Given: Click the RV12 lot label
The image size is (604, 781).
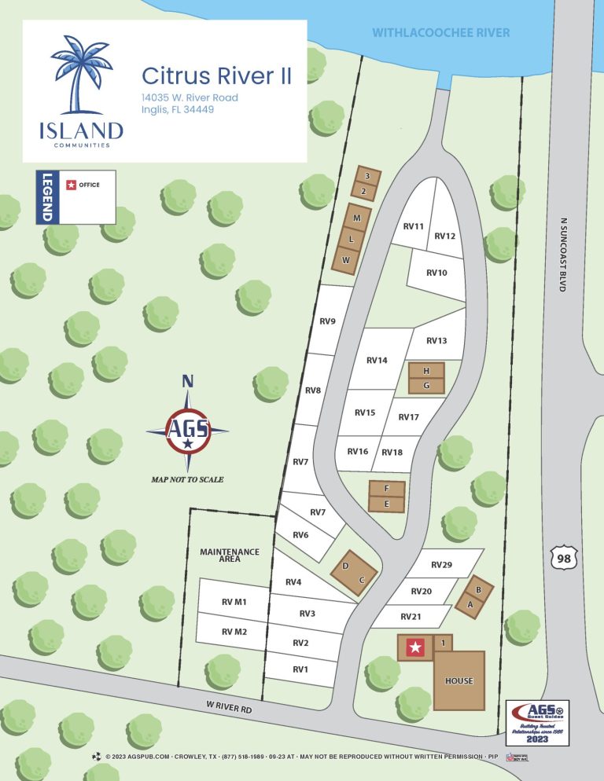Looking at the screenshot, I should click(445, 236).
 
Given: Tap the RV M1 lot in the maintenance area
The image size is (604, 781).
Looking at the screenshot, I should click(234, 603).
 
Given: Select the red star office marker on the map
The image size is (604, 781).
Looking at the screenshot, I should click(414, 647).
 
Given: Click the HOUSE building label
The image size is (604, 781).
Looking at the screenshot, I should click(459, 680).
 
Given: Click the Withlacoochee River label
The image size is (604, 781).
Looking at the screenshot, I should click(440, 33).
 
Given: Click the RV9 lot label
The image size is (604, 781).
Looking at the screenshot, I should click(328, 321).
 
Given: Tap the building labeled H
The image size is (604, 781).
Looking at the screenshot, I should click(426, 370).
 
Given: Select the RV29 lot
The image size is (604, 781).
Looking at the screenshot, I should click(442, 565).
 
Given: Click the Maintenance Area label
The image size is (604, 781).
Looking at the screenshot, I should click(230, 556).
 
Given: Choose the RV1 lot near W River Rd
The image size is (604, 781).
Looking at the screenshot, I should click(300, 669).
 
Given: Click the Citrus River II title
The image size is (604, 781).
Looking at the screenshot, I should click(216, 76).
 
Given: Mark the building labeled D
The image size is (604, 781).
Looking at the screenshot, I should click(345, 566).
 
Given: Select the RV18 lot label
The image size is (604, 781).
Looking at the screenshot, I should click(392, 453).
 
